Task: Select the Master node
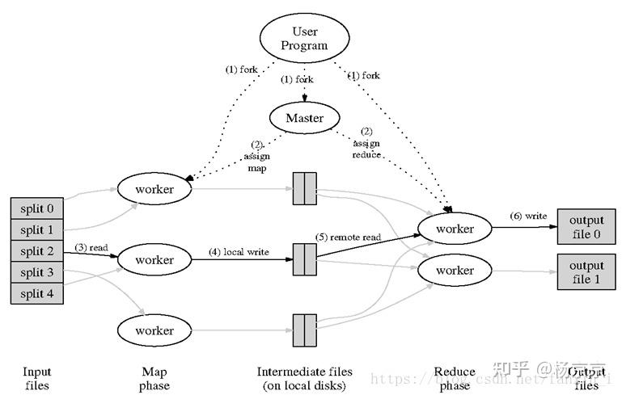point(304,118)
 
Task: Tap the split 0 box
point(37,208)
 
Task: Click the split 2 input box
point(37,251)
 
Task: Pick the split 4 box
point(37,294)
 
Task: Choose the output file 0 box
point(586,227)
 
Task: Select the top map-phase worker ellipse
point(154,189)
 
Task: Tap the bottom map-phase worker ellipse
point(154,330)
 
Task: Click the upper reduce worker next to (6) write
point(455,229)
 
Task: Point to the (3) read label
point(91,247)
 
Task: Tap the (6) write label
point(527,216)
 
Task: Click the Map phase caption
point(154,379)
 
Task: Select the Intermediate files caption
point(304,379)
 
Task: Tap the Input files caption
point(37,379)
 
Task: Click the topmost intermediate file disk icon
point(304,189)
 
